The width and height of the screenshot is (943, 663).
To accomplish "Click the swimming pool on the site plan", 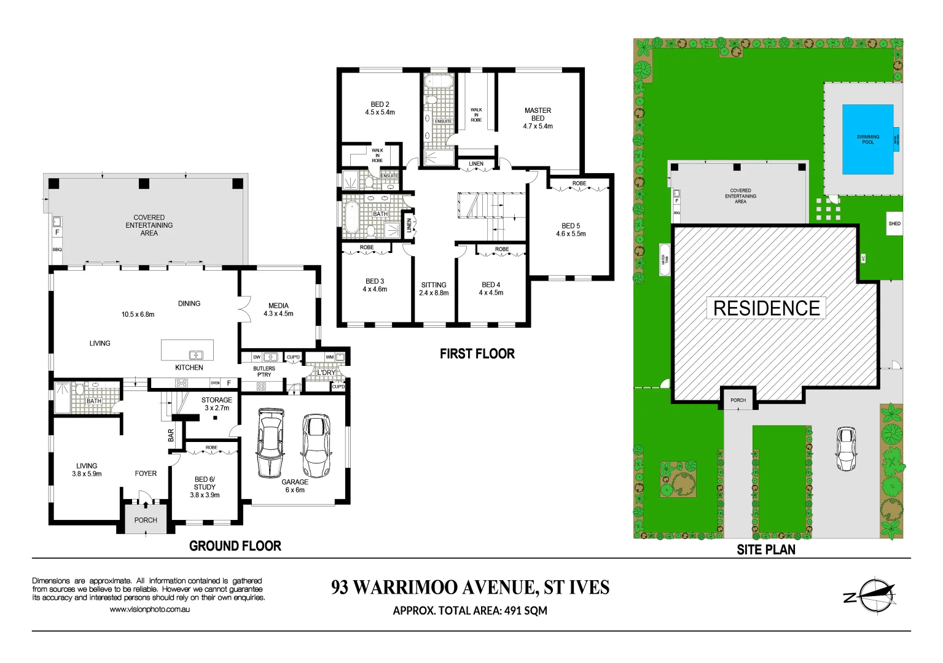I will [x=867, y=139].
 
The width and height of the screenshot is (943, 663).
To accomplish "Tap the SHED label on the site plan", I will [x=894, y=223].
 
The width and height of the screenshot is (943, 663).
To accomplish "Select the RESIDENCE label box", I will [x=766, y=308].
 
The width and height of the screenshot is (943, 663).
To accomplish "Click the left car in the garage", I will [x=270, y=443].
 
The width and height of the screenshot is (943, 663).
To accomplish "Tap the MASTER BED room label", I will [x=538, y=114].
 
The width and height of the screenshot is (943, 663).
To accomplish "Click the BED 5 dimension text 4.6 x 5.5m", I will [x=571, y=234].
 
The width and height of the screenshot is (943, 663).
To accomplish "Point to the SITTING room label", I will [x=434, y=285].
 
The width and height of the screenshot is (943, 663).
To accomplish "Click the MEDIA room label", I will [x=278, y=306].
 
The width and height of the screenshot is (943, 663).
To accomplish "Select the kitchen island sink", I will [x=195, y=354].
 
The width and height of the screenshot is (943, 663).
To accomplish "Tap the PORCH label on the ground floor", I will [x=146, y=520].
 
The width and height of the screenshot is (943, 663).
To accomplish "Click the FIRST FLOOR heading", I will [x=477, y=354].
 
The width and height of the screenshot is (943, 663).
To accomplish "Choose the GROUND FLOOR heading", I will [x=235, y=546].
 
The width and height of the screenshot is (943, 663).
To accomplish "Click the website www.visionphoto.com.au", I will [x=149, y=610].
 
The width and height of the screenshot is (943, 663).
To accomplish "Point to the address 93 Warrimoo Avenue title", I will [x=470, y=587].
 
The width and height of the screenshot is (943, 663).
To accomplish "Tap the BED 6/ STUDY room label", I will [x=205, y=483].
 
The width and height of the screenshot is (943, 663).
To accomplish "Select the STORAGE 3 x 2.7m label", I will [x=216, y=403].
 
